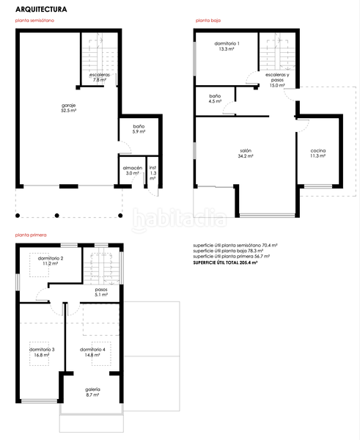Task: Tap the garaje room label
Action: pyautogui.click(x=69, y=106)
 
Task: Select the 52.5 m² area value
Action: pyautogui.click(x=69, y=111)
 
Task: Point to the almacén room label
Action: pyautogui.click(x=132, y=168)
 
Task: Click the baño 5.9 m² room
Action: pyautogui.click(x=139, y=128)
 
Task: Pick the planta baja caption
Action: pyautogui.click(x=210, y=21)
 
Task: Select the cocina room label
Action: pyautogui.click(x=317, y=150)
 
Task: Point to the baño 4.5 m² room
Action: pyautogui.click(x=215, y=98)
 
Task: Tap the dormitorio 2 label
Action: pyautogui.click(x=51, y=259)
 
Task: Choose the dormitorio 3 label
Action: pyautogui.click(x=42, y=349)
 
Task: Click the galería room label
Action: pyautogui.click(x=92, y=389)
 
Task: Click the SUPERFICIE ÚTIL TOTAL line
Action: pyautogui.click(x=225, y=262)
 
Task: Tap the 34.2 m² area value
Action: pyautogui.click(x=246, y=156)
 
